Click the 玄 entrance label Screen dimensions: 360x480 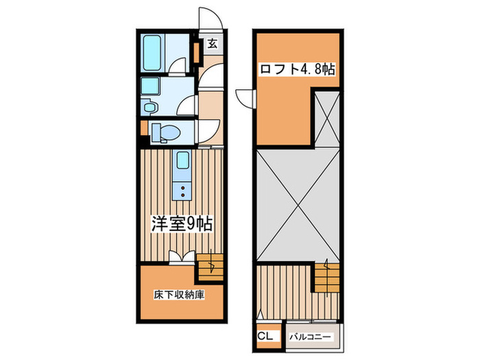click(212, 45)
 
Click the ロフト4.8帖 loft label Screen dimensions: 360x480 click(297, 69)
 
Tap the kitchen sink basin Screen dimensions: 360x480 click(182, 162)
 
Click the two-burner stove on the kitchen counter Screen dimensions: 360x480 click(182, 189)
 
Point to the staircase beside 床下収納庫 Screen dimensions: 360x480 click(211, 264)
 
